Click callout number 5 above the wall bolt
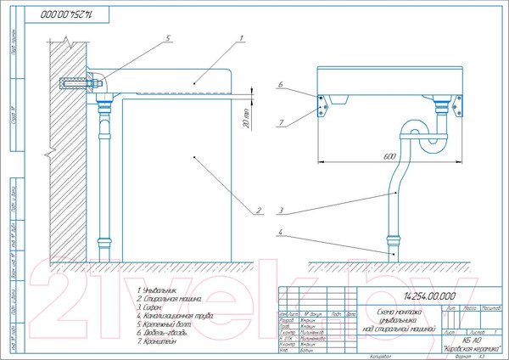click(x=168, y=39)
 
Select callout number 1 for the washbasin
click(x=242, y=39)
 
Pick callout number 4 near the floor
click(x=279, y=232)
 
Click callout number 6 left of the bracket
click(x=279, y=86)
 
